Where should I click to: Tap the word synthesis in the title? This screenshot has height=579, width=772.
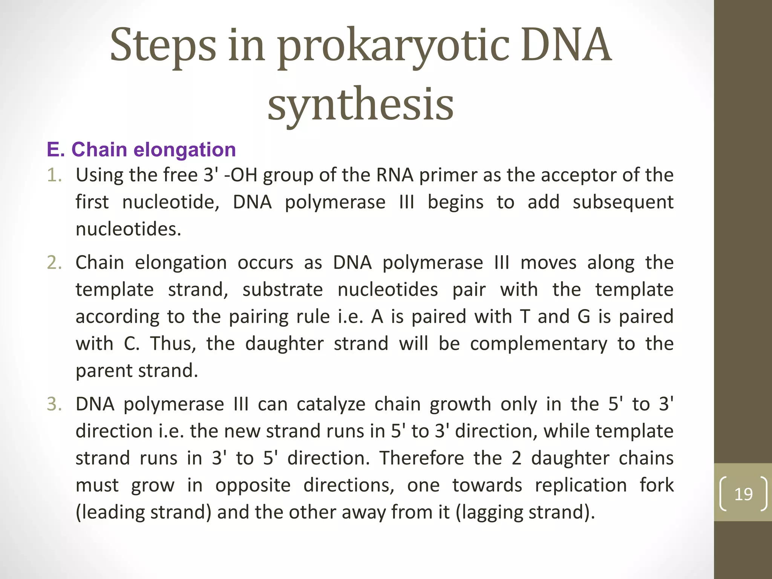(360, 104)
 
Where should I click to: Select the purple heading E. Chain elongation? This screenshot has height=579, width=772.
(141, 149)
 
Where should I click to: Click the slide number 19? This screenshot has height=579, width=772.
(743, 494)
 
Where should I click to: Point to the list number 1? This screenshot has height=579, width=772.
(54, 175)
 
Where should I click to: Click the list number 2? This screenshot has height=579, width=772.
(54, 263)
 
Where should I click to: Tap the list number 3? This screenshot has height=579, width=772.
(54, 404)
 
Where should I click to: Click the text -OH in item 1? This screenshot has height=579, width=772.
(240, 175)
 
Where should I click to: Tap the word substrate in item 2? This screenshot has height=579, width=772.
(282, 290)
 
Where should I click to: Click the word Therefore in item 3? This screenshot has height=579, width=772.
(421, 458)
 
